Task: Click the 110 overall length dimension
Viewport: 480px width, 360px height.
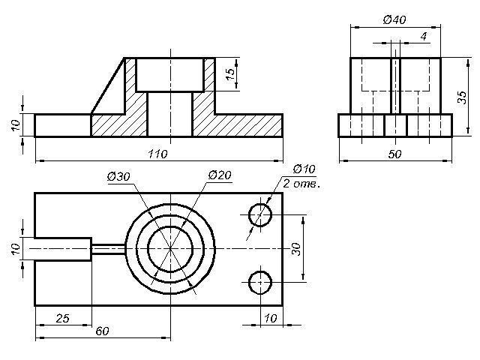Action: point(158,154)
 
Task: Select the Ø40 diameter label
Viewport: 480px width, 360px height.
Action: point(394,20)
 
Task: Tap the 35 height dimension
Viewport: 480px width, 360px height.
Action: point(462,97)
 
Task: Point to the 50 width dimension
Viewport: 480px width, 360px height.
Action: point(394,154)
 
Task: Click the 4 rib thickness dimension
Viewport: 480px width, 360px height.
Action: point(424,37)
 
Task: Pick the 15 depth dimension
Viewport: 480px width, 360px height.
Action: point(230,74)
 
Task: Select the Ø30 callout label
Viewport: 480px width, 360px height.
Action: point(118,177)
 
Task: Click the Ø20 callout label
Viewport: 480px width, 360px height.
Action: point(220,175)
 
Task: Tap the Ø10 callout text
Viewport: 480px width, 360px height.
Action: point(304,169)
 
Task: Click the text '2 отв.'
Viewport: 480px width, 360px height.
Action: point(301,183)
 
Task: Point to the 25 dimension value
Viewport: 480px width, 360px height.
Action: point(63,318)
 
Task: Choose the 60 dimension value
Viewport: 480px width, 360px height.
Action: point(102,331)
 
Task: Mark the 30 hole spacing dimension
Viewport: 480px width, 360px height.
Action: point(296,248)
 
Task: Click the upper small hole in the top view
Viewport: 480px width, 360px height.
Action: point(260,214)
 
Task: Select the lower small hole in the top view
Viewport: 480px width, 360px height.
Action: point(260,282)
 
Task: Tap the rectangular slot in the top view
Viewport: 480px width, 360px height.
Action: point(63,249)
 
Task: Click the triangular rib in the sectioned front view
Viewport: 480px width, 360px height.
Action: point(108,85)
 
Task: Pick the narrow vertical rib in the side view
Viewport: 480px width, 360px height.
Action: point(395,85)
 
